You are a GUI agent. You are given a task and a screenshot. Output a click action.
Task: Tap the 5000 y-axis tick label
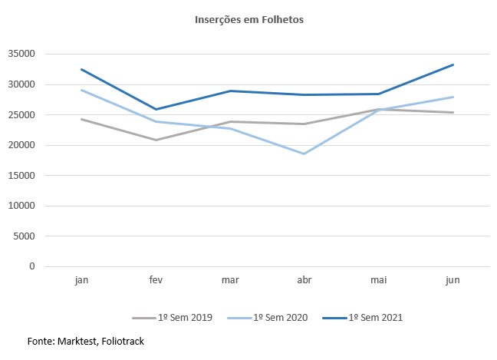click(x=25, y=236)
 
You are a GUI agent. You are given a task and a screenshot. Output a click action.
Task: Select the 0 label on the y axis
click(x=32, y=266)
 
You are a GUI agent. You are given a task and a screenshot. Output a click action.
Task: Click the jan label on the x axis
click(x=81, y=281)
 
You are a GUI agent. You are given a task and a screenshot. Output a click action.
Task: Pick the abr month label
click(x=304, y=281)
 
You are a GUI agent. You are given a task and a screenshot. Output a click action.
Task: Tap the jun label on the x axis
click(x=453, y=281)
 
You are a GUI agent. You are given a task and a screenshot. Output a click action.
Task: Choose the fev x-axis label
click(x=156, y=281)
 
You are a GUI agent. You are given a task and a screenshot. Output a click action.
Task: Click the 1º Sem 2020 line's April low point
click(x=304, y=154)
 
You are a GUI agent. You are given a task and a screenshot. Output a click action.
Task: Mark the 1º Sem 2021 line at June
click(x=453, y=64)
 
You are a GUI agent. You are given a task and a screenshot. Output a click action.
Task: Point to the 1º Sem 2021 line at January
click(x=81, y=69)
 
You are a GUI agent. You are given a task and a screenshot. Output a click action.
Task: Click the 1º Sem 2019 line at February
click(x=156, y=140)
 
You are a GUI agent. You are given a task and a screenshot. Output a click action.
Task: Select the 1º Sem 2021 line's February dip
click(x=156, y=109)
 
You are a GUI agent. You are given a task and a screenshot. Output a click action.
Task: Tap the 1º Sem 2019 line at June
click(x=453, y=112)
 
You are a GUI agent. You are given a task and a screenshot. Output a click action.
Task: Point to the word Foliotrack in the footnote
click(x=119, y=341)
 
